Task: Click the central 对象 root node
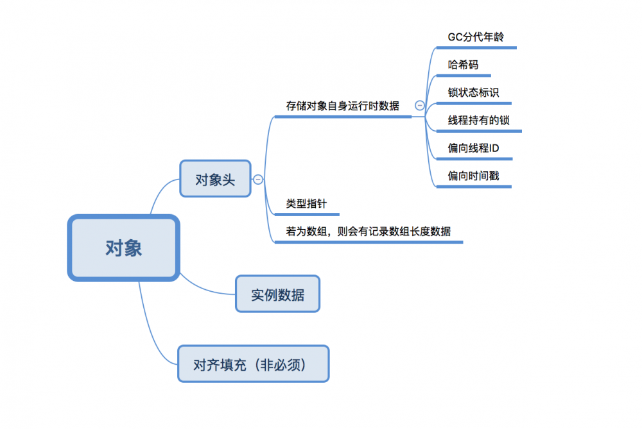pos(123,248)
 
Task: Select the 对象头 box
pos(215,179)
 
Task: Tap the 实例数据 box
pos(277,294)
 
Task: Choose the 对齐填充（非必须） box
pos(253,364)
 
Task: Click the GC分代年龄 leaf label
pos(476,37)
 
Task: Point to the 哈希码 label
pos(463,64)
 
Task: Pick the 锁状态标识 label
pos(473,92)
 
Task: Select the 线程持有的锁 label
pos(479,120)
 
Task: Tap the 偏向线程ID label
pos(474,148)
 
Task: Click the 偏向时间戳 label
pos(473,176)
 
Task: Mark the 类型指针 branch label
pos(306,204)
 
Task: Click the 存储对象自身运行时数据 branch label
pos(343,106)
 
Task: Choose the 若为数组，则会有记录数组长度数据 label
pos(369,231)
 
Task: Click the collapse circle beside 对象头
pos(258,180)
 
